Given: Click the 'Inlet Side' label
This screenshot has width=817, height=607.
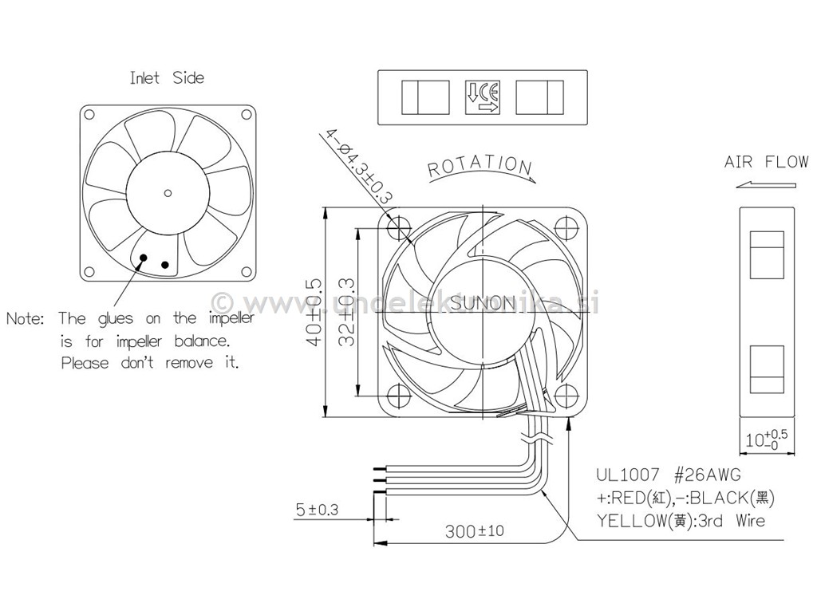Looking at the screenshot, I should point(167,78).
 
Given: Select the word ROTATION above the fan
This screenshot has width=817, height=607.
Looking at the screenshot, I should point(480,166).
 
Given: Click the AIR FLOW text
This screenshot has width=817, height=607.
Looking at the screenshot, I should point(766,163).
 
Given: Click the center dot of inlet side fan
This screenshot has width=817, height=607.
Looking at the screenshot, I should point(168,191).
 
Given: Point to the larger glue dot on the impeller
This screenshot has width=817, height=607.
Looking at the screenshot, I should point(144,257).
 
